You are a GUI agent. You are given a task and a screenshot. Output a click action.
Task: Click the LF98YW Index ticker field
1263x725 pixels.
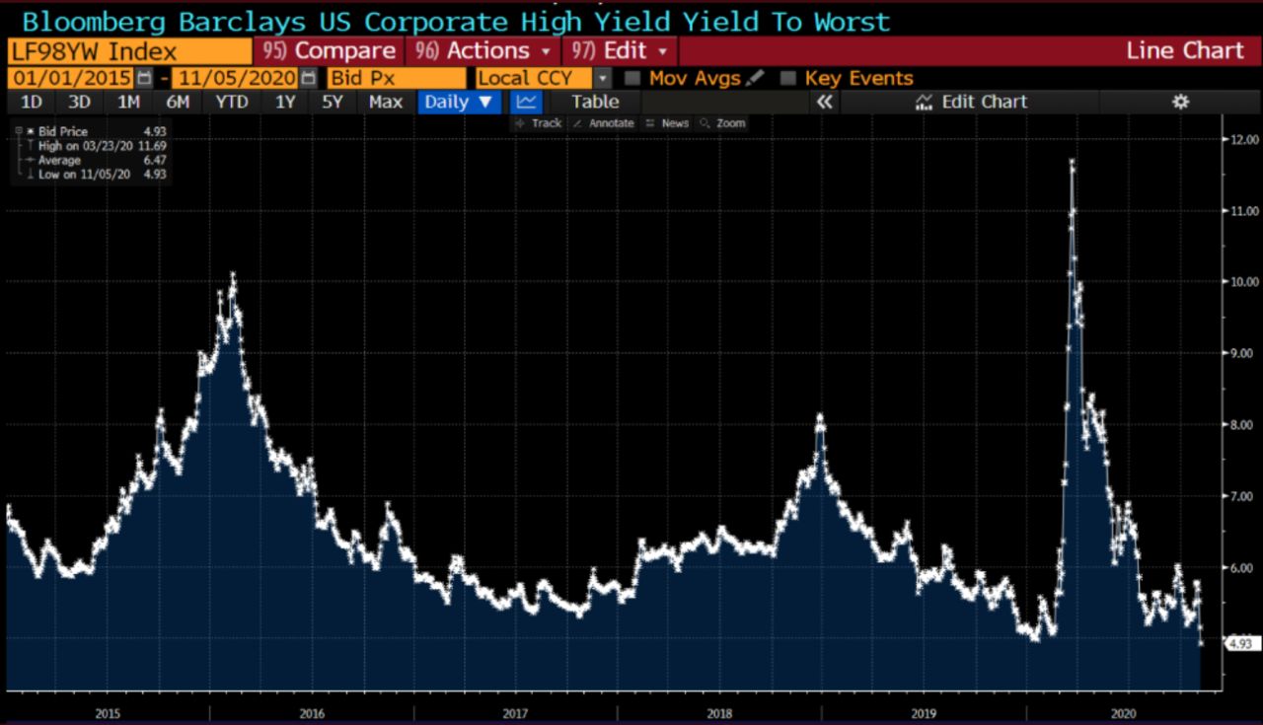click(x=128, y=51)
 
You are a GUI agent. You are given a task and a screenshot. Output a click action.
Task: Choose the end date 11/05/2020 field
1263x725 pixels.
click(x=235, y=78)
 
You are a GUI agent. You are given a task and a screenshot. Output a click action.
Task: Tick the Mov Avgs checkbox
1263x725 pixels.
click(x=632, y=78)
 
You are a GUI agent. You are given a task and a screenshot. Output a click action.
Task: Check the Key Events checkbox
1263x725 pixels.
click(x=787, y=78)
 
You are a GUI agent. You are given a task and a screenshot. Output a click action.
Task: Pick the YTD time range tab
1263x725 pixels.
click(x=232, y=102)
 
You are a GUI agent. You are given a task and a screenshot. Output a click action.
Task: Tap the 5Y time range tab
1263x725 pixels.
click(x=332, y=102)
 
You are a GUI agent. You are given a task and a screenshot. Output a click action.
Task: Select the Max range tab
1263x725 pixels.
click(x=385, y=102)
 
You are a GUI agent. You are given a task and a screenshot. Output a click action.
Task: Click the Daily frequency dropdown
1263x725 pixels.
click(x=459, y=102)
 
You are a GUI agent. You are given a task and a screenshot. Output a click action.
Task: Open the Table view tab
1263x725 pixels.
click(x=595, y=102)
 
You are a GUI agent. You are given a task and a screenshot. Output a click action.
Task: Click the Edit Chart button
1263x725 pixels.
click(x=972, y=102)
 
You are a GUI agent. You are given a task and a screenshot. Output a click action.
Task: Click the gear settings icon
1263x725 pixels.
click(x=1180, y=102)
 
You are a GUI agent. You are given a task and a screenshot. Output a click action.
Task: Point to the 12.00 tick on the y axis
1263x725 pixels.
click(x=1240, y=140)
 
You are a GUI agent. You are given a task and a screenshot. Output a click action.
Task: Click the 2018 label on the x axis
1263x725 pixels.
click(x=719, y=712)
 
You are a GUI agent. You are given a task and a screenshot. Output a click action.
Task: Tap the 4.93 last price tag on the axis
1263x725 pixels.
click(x=1238, y=643)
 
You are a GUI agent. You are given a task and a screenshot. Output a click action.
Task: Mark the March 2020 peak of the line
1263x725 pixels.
click(x=1072, y=162)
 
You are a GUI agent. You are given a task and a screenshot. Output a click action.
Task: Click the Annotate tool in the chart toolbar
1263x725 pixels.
click(x=604, y=123)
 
